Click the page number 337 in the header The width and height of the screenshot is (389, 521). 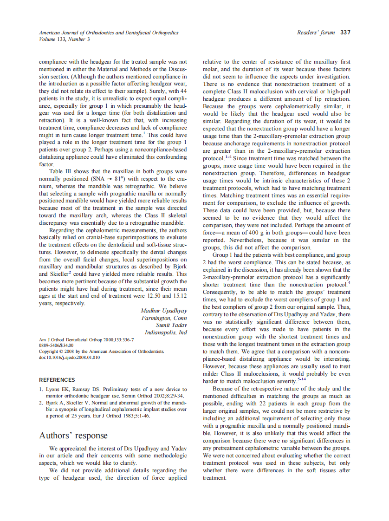345,33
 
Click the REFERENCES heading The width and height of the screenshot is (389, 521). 57,379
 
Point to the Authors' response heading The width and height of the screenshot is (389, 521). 73,436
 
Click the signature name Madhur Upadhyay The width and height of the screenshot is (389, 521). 163,310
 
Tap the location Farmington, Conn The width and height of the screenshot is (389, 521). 164,318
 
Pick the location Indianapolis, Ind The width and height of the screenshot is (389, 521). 166,332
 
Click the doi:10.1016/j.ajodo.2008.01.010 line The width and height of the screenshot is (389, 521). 70,358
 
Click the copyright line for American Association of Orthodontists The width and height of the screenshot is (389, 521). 102,352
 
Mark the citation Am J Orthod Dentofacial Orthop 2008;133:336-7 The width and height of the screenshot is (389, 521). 86,340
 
